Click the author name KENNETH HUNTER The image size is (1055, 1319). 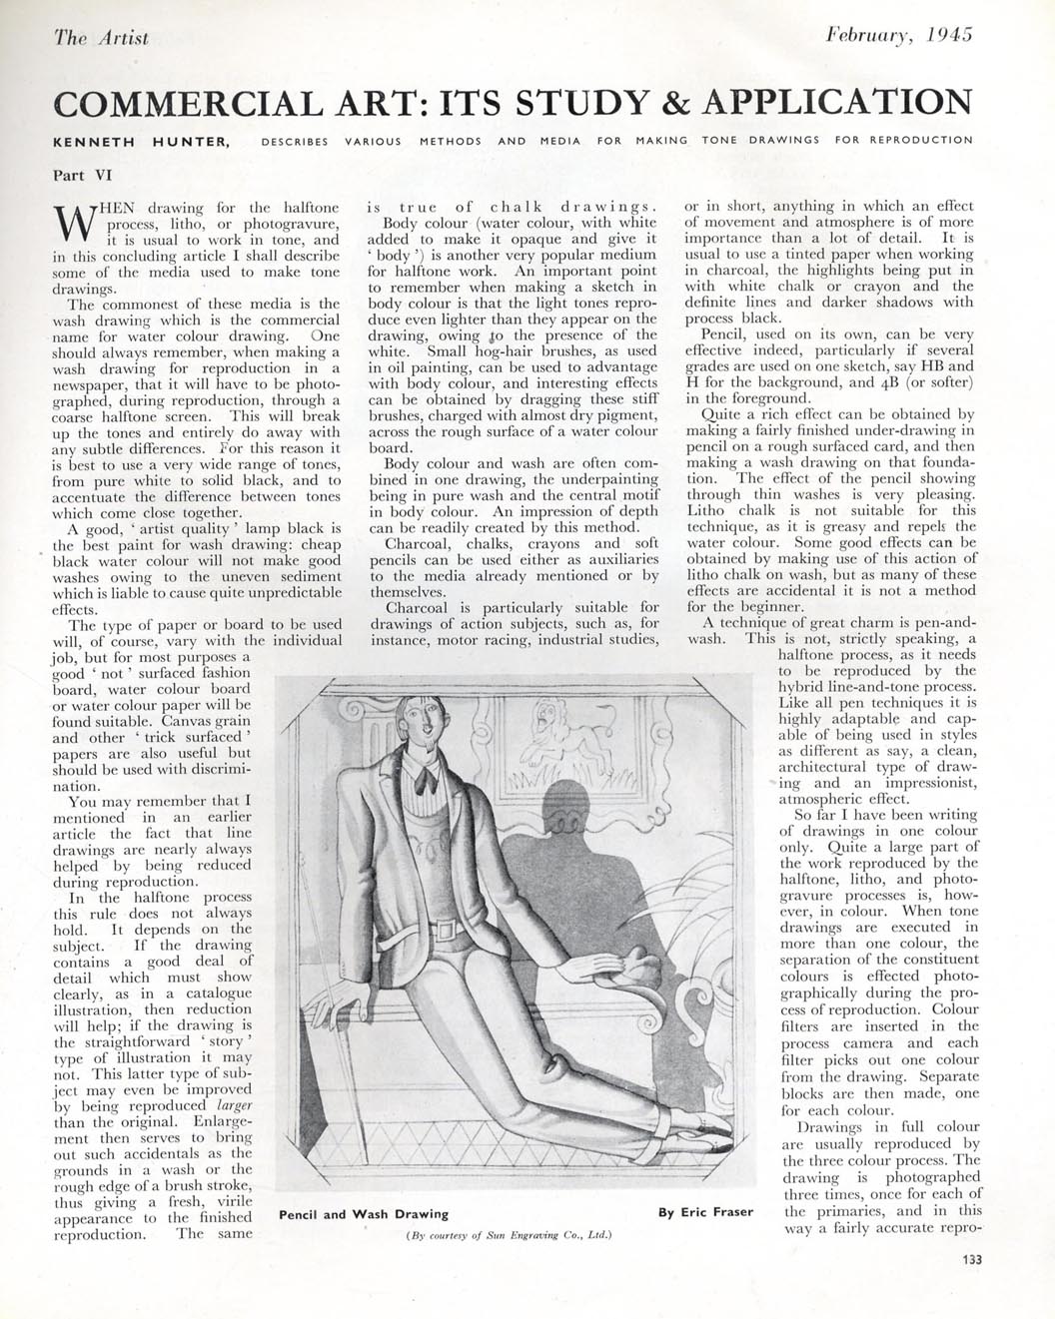[x=142, y=141]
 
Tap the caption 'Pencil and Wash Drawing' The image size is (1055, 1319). [x=364, y=1214]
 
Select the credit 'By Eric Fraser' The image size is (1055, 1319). [x=705, y=1212]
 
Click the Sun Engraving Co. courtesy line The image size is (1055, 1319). [x=510, y=1235]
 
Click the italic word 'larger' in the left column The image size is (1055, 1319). [x=234, y=1106]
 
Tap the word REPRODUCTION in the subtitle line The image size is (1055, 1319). [x=920, y=141]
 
